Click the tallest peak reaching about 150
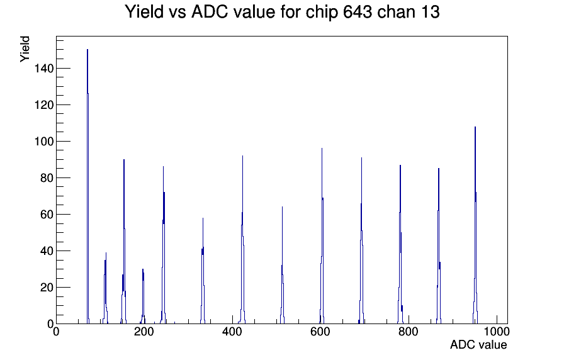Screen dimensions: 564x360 click(87, 186)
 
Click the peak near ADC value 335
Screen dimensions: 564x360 click(203, 271)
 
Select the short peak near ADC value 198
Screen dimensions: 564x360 click(143, 296)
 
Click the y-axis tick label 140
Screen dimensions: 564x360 click(44, 69)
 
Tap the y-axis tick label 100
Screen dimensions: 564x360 click(44, 142)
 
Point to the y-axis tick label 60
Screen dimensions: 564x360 click(47, 215)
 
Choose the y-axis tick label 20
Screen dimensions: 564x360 click(47, 288)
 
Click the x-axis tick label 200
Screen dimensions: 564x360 click(144, 332)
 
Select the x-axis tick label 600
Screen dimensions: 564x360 click(320, 332)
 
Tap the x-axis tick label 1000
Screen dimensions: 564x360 click(497, 332)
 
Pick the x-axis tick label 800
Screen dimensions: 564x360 click(409, 332)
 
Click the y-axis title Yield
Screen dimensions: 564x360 click(25, 49)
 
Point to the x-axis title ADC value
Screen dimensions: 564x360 click(478, 345)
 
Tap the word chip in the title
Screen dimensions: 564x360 click(322, 13)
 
